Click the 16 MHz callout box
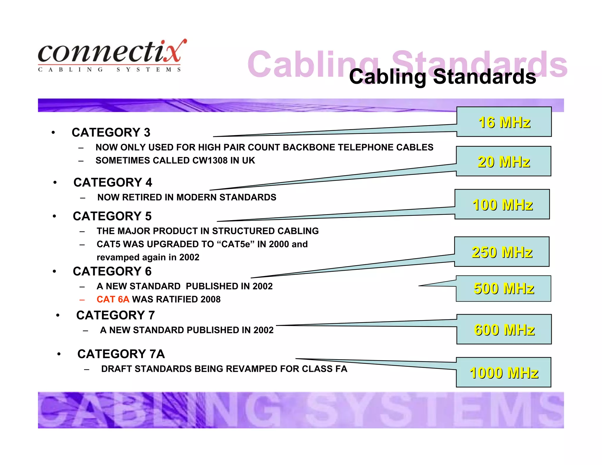pos(504,122)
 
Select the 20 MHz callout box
pos(504,161)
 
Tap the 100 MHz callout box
pos(502,204)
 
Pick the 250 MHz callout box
pos(502,252)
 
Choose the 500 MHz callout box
pos(504,288)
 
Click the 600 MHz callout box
pos(504,329)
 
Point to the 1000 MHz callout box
pos(504,372)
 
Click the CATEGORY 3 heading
pos(111,133)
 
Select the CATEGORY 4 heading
pos(113,183)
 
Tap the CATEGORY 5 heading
pos(112,216)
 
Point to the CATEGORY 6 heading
pos(112,271)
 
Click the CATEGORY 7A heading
pos(121,354)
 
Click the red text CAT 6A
pos(113,299)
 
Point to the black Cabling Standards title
pos(442,77)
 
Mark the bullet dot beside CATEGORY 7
pos(58,315)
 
